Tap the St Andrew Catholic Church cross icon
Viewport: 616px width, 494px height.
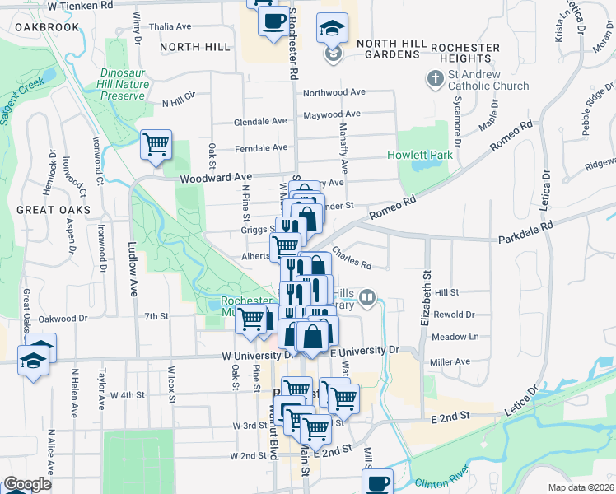coord(434,79)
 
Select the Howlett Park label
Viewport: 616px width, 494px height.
coord(420,155)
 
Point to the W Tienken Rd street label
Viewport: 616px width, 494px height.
coord(80,5)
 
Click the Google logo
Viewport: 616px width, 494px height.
coord(27,484)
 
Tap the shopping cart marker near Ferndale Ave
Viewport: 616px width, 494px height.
coord(156,145)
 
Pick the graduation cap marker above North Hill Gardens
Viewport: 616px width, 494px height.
coord(333,29)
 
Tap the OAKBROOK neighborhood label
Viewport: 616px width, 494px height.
coord(47,27)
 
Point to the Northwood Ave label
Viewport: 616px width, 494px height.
coord(334,93)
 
